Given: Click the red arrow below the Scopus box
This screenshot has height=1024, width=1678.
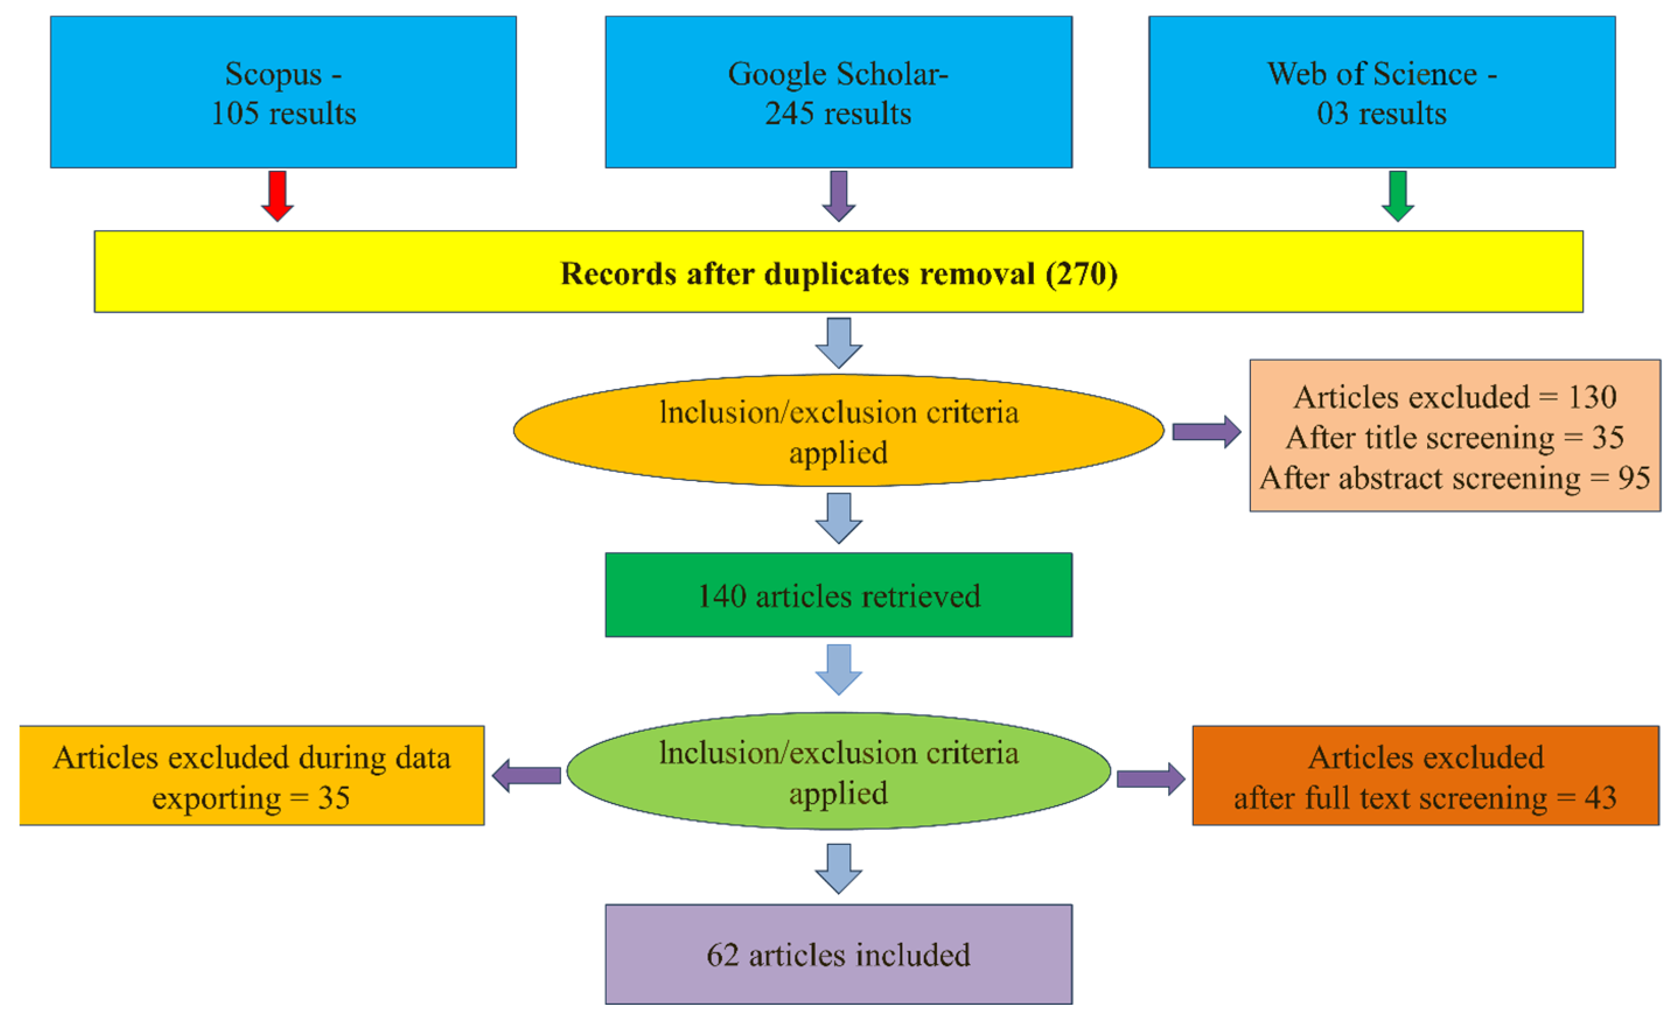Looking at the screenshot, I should pyautogui.click(x=277, y=195).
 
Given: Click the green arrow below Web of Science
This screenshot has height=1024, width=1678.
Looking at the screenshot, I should pyautogui.click(x=1397, y=195).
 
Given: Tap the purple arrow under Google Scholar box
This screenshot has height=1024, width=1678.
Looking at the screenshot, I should pyautogui.click(x=838, y=195).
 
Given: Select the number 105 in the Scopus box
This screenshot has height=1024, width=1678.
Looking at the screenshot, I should pyautogui.click(x=235, y=114).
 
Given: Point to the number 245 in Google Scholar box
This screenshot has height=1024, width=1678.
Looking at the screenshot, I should pyautogui.click(x=789, y=114).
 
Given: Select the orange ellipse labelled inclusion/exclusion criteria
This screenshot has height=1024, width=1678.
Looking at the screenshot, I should pyautogui.click(x=838, y=431).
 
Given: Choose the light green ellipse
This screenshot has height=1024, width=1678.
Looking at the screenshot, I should pyautogui.click(x=838, y=772).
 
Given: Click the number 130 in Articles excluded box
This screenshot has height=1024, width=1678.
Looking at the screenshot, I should pyautogui.click(x=1592, y=397).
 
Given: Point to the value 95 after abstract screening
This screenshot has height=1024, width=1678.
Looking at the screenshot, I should pyautogui.click(x=1634, y=478).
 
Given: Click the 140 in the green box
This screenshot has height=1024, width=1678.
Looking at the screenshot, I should pyautogui.click(x=722, y=597).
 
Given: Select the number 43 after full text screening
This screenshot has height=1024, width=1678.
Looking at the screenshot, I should pyautogui.click(x=1600, y=798).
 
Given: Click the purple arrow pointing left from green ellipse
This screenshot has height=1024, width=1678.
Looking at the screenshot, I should pyautogui.click(x=526, y=776).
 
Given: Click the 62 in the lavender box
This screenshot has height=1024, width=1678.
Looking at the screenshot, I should pyautogui.click(x=722, y=955).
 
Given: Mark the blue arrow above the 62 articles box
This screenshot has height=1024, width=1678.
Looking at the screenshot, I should pyautogui.click(x=838, y=868).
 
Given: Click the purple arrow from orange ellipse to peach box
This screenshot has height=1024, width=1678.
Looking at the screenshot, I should pyautogui.click(x=1206, y=432).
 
